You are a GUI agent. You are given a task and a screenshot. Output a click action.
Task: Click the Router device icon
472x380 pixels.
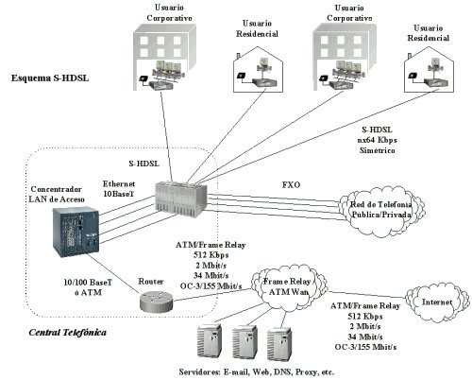[x=156, y=302]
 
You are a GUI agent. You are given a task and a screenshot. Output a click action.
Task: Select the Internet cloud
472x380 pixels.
[x=437, y=302]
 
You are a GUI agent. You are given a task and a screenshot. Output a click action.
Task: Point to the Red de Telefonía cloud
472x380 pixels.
[x=381, y=211]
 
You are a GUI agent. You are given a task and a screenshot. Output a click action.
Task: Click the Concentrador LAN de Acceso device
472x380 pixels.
[x=76, y=232]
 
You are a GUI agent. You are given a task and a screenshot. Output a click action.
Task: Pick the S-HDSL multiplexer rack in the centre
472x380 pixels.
[x=181, y=199]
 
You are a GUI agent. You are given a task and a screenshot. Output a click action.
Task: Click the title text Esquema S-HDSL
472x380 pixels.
[x=50, y=78]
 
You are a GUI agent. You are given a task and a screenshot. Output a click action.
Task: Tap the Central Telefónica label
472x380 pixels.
[x=67, y=333]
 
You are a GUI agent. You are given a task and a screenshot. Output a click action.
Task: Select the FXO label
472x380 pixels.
[x=291, y=184]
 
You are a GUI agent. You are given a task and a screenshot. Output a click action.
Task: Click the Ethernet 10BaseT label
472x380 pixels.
[x=119, y=188]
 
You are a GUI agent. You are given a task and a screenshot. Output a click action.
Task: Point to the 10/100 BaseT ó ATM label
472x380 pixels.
[x=88, y=287]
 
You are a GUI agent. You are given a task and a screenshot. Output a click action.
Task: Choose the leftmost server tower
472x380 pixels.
[x=209, y=341]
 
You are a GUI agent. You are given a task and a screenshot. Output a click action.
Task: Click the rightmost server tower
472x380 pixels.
[x=278, y=344]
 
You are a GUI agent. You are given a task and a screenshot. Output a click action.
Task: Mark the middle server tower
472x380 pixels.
[x=244, y=342]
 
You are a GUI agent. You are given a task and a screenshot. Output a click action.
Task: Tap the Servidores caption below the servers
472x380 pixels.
[x=257, y=372]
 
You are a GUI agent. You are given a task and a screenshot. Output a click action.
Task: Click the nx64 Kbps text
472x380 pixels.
[x=377, y=140]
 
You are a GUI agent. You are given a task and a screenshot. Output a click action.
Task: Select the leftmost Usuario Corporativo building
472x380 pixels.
[x=164, y=58]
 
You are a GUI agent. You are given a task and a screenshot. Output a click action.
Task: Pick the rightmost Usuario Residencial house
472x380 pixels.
[x=429, y=70]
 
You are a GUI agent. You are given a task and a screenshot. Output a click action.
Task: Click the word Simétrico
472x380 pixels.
[x=377, y=150]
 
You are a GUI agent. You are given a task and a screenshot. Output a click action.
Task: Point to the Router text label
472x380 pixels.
[x=151, y=282]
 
